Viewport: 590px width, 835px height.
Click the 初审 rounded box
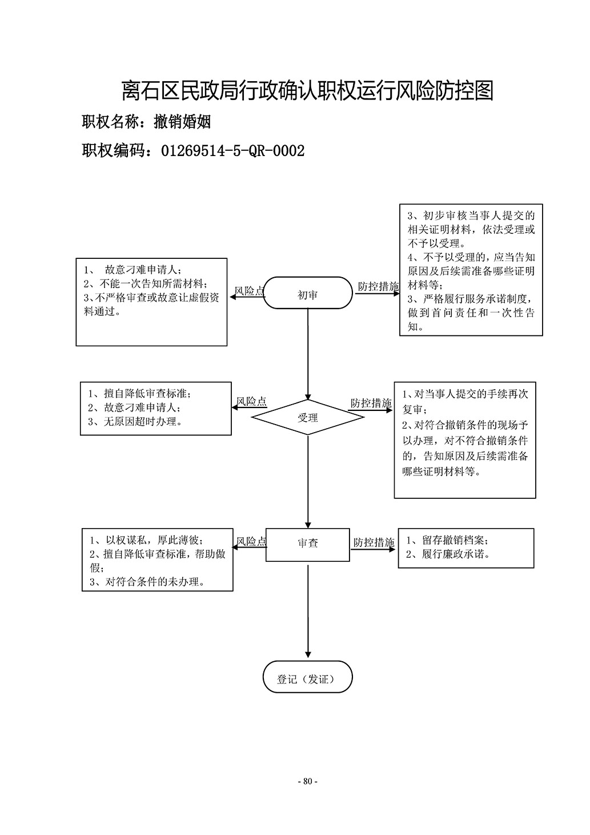pyautogui.click(x=308, y=293)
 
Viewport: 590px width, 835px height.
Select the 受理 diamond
pyautogui.click(x=308, y=417)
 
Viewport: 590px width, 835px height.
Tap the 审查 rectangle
pyautogui.click(x=308, y=545)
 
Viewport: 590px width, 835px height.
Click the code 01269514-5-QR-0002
pyautogui.click(x=233, y=151)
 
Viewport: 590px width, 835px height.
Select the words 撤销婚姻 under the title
pyautogui.click(x=183, y=122)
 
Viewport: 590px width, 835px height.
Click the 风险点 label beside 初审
pyautogui.click(x=249, y=291)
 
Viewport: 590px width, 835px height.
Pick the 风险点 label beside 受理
pyautogui.click(x=252, y=401)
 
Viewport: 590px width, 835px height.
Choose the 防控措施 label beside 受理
pyautogui.click(x=371, y=403)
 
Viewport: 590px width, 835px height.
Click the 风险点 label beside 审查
pyautogui.click(x=252, y=541)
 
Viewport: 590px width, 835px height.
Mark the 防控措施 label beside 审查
pyautogui.click(x=374, y=542)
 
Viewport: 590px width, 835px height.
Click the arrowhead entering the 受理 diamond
pyautogui.click(x=308, y=397)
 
